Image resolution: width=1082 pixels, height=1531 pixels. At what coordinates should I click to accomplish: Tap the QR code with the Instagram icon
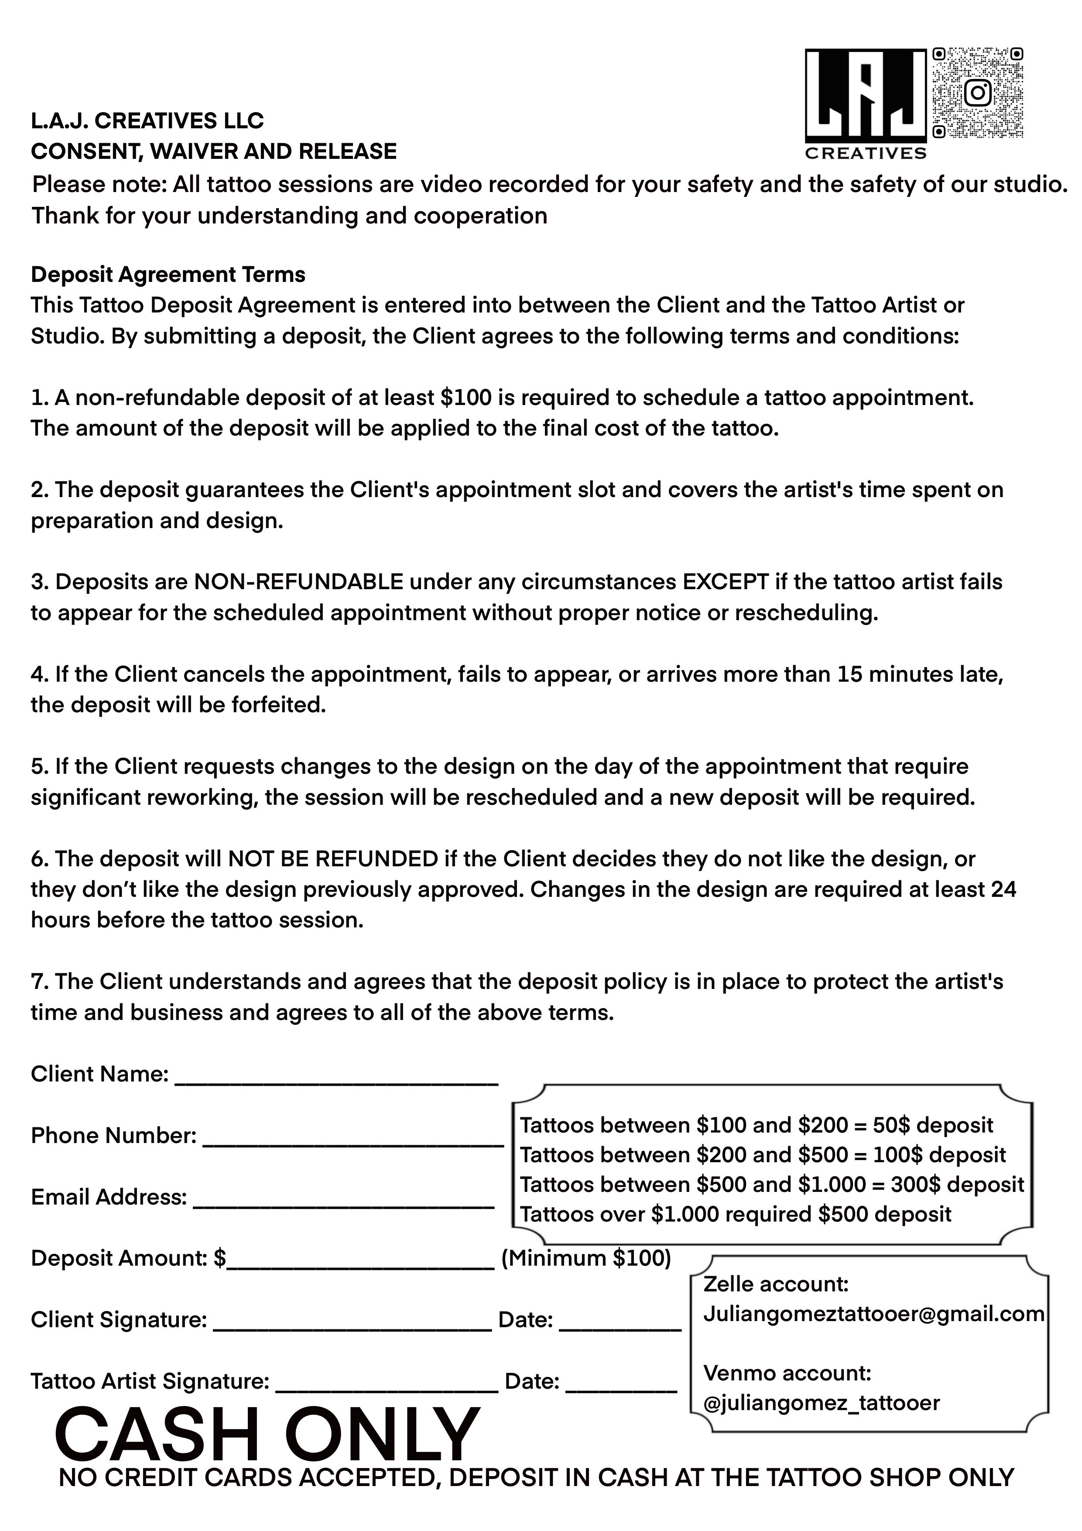pos(977,92)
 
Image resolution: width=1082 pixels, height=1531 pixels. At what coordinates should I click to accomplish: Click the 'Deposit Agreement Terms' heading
pos(168,275)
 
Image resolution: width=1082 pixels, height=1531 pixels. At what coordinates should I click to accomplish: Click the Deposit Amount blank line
pos(360,1259)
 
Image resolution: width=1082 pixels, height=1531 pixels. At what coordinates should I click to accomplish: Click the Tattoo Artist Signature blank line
pos(387,1382)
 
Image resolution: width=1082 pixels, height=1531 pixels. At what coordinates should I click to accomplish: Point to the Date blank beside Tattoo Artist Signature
pos(621,1382)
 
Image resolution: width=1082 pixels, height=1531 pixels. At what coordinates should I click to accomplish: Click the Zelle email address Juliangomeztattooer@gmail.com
pos(873,1314)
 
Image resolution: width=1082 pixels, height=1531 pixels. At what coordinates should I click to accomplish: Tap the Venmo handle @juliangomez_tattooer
pos(822,1403)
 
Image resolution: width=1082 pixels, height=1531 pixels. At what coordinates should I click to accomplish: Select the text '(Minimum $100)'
pos(586,1258)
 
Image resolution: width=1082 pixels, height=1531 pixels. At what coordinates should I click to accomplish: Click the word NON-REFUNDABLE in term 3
pos(299,582)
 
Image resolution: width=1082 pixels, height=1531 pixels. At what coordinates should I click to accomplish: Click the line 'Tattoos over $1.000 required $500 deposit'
pos(735,1214)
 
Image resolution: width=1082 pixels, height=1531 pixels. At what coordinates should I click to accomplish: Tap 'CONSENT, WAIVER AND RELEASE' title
pos(213,151)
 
